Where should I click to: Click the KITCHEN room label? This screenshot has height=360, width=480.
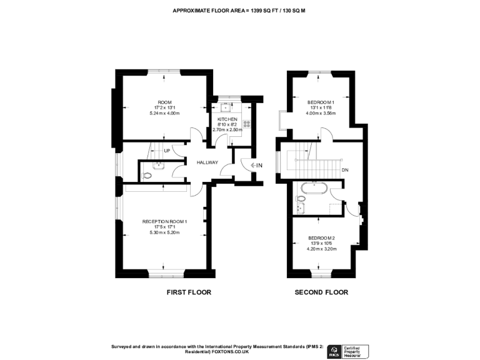(x=226, y=119)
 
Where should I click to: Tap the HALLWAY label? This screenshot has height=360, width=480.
(x=207, y=163)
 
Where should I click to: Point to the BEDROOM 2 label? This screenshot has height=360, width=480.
(x=321, y=237)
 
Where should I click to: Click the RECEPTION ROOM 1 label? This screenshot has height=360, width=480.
(x=164, y=221)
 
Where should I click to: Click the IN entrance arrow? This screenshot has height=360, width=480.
(x=256, y=165)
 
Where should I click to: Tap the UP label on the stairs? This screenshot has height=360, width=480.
(x=167, y=151)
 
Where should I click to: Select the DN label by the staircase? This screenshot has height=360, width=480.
(x=344, y=170)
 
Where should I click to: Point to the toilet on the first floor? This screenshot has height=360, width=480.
(x=147, y=176)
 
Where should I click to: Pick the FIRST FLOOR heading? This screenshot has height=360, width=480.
(x=189, y=292)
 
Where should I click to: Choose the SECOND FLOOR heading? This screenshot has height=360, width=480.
(x=321, y=292)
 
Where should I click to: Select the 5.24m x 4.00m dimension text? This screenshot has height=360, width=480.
(x=164, y=113)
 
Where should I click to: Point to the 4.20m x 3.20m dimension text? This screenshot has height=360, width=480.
(x=321, y=249)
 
